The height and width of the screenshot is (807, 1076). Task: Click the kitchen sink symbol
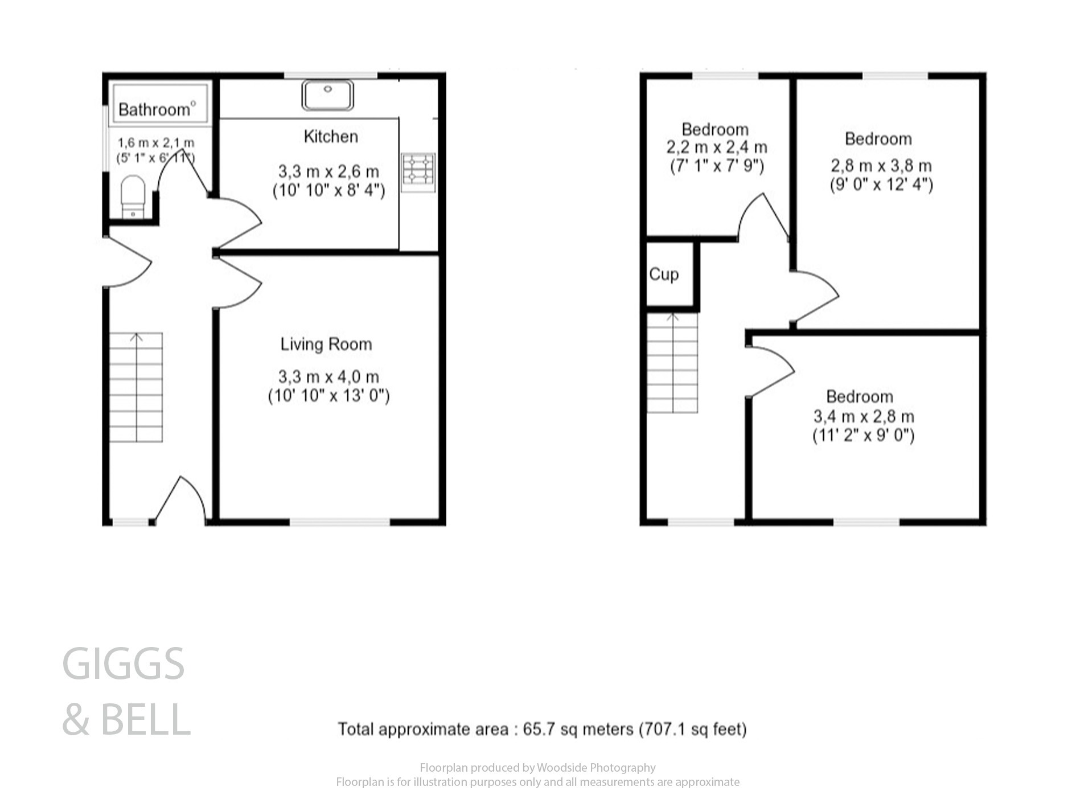(x=327, y=95)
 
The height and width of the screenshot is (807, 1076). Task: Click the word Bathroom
(x=154, y=109)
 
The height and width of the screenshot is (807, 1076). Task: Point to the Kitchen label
(x=331, y=137)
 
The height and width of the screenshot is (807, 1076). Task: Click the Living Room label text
(x=326, y=344)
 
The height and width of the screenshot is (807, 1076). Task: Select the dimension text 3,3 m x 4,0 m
(x=328, y=376)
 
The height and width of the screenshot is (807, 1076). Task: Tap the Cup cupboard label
(x=664, y=275)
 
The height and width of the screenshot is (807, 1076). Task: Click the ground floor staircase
(x=136, y=387)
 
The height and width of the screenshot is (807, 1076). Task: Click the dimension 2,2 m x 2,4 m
(x=717, y=148)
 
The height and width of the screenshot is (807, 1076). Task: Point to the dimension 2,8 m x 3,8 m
(x=881, y=166)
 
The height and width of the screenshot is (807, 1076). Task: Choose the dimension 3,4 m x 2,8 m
(x=863, y=416)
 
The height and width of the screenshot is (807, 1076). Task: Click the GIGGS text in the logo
(x=123, y=664)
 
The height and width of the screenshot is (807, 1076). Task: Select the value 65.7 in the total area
(x=538, y=729)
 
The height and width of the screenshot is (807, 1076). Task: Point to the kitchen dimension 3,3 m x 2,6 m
(x=328, y=171)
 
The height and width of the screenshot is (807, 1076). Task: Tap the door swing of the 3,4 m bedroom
(x=771, y=371)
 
